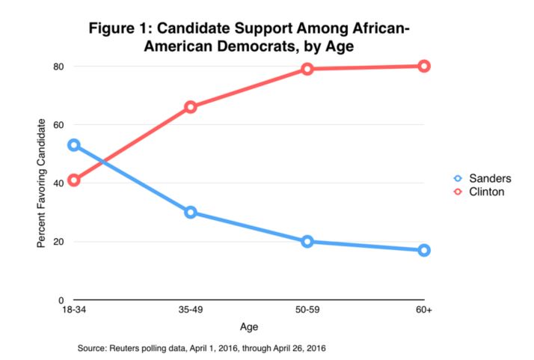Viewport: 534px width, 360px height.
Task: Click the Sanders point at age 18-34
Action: (x=73, y=145)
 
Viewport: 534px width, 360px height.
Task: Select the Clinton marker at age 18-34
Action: (x=73, y=180)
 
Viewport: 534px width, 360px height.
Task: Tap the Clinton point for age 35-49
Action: (x=190, y=107)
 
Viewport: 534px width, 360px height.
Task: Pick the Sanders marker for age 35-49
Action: (x=190, y=212)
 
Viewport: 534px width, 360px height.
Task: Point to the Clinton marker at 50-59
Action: (x=307, y=69)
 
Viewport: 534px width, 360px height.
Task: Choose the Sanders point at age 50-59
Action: (x=307, y=242)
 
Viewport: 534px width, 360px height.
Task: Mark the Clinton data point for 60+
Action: (x=424, y=66)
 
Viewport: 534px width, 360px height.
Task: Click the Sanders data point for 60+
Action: (x=424, y=250)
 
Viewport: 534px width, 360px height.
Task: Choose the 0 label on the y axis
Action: (x=61, y=300)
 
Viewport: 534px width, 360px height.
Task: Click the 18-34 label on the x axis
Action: (x=73, y=311)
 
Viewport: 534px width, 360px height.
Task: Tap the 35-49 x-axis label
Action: (x=190, y=311)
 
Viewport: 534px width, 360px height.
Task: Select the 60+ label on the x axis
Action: (x=424, y=311)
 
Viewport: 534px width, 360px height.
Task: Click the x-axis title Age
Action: (x=249, y=327)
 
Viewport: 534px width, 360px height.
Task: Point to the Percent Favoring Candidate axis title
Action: (x=41, y=183)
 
